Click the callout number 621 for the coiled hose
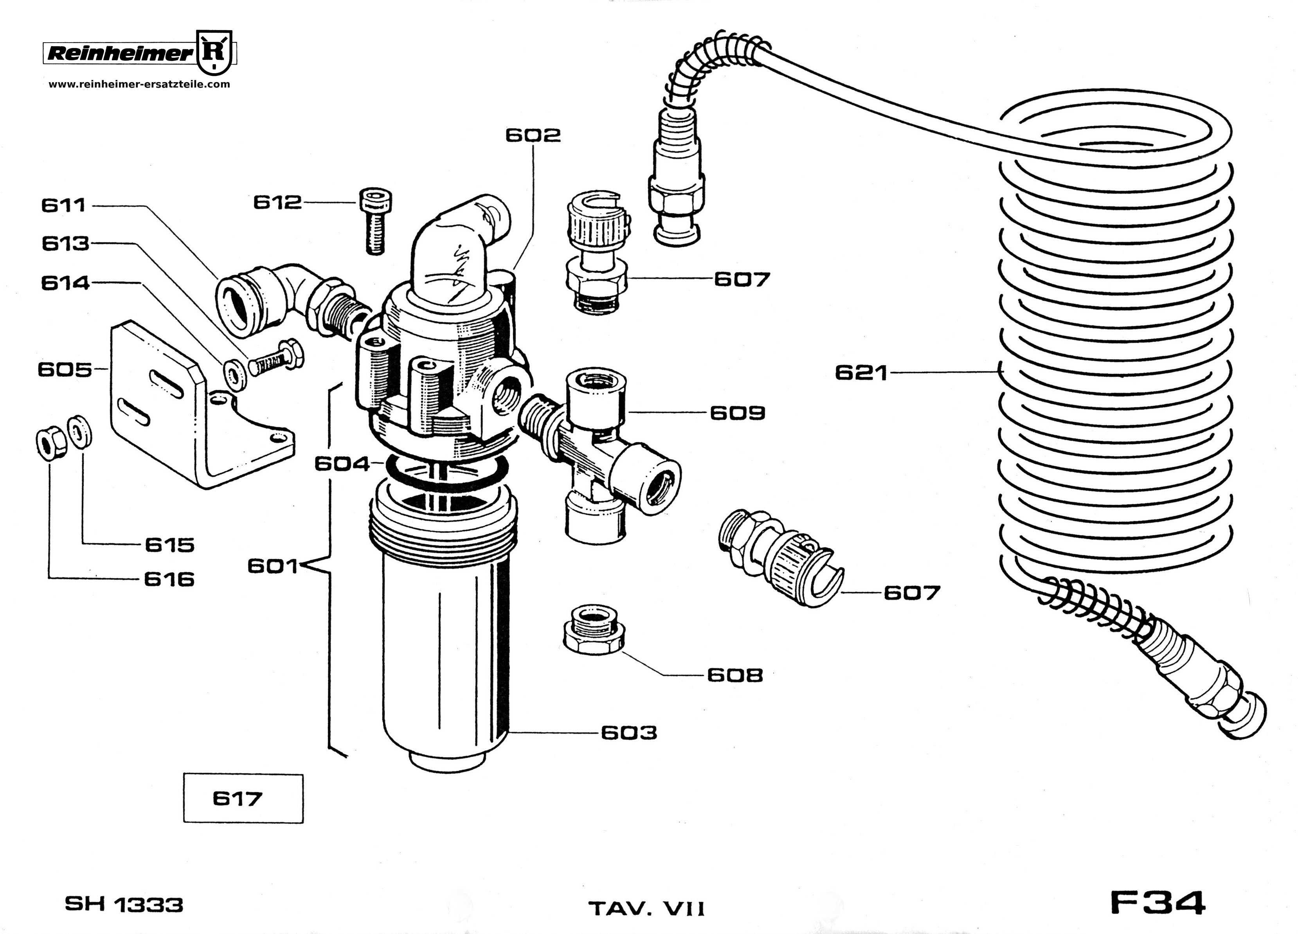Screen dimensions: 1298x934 [x=861, y=373]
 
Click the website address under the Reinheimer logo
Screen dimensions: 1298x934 [x=139, y=84]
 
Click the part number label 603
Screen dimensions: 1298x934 [x=628, y=732]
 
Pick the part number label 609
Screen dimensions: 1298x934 [x=737, y=413]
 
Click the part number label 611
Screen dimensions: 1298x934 [x=63, y=205]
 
